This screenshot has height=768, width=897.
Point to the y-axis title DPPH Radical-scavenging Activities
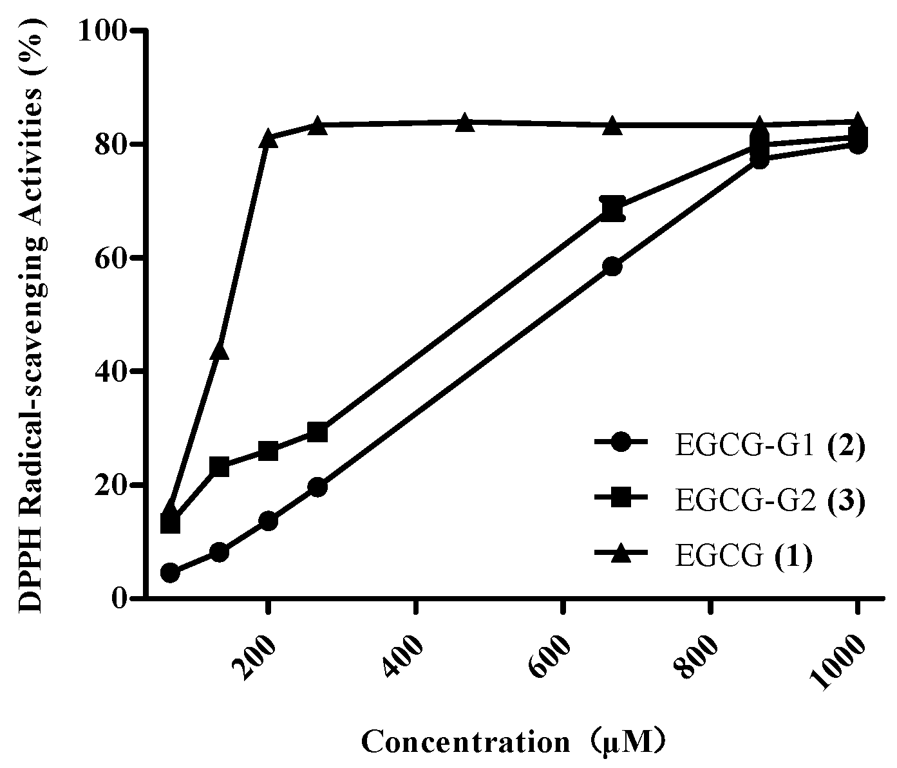click(32, 315)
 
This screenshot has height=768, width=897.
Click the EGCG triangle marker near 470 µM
click(465, 123)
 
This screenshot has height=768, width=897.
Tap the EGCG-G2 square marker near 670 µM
click(612, 209)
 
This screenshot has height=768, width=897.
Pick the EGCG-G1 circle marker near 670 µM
click(612, 267)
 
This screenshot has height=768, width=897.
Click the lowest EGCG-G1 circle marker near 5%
click(170, 572)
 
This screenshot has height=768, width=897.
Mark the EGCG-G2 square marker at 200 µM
click(269, 451)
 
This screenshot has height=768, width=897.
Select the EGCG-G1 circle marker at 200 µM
click(269, 521)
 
